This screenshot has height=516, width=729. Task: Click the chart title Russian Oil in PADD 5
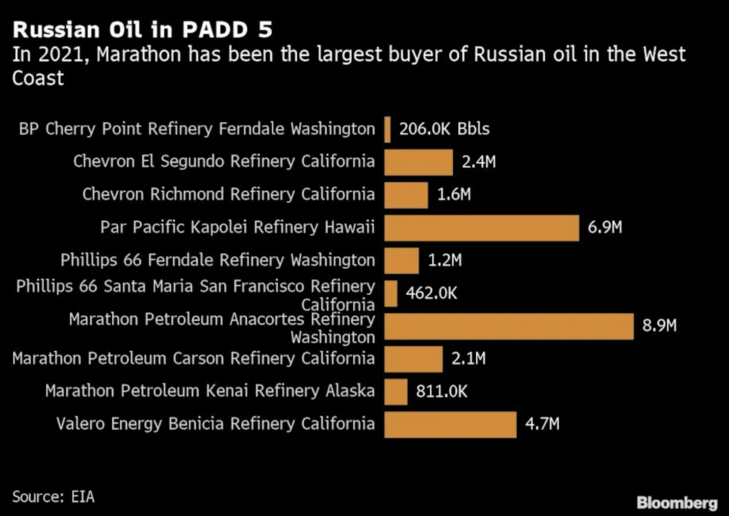(142, 30)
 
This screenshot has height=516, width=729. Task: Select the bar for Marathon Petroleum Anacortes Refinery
(509, 326)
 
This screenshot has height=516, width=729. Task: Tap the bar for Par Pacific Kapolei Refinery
(481, 228)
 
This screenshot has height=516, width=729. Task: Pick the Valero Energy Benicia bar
(450, 424)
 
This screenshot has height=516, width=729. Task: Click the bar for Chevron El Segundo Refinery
(418, 162)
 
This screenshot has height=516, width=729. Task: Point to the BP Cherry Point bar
(388, 129)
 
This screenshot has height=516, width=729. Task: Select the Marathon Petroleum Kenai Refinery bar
(395, 391)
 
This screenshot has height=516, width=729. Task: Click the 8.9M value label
(659, 325)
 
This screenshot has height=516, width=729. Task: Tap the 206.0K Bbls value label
(444, 129)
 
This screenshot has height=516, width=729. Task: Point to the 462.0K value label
(431, 293)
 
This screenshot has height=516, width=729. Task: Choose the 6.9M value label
(604, 227)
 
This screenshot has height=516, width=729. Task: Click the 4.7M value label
(542, 424)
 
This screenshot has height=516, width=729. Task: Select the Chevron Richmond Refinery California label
(228, 194)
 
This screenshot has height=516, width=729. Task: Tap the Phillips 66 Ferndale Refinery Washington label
(217, 260)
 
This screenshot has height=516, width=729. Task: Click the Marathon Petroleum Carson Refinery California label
(193, 359)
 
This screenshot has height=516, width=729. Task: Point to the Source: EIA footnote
(53, 497)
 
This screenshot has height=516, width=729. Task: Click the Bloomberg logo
(677, 503)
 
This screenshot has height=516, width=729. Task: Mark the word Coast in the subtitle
(38, 78)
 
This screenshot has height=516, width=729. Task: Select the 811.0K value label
(442, 391)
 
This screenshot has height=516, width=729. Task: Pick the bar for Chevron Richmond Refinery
(406, 195)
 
